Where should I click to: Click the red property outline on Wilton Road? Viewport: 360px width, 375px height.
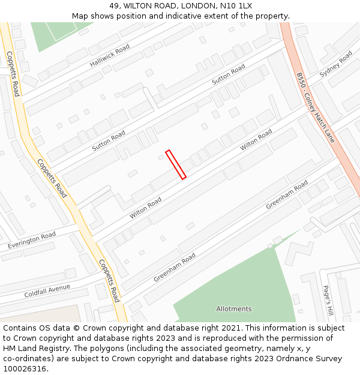click(x=176, y=164)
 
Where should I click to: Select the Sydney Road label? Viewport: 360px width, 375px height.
click(x=336, y=64)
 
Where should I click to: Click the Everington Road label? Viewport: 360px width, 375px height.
click(x=31, y=241)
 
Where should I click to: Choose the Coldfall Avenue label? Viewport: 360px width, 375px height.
click(x=47, y=292)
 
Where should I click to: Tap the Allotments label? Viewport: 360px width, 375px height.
click(x=234, y=309)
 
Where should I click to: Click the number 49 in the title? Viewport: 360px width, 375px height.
click(x=115, y=6)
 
